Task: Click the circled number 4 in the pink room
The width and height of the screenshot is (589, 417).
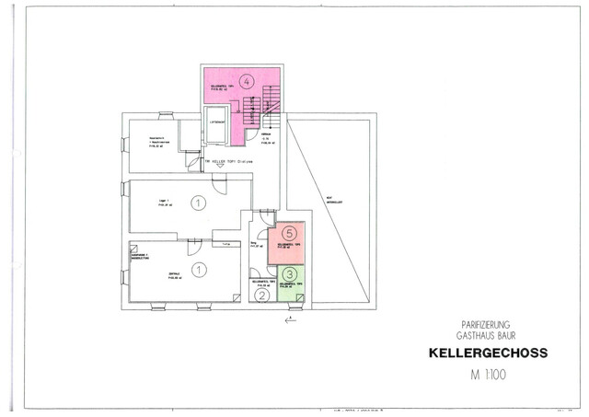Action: click(246, 82)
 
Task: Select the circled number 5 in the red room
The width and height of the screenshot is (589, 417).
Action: click(289, 234)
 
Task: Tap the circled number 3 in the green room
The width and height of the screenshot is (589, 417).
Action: click(289, 273)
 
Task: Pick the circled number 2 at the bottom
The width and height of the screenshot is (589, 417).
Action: click(262, 295)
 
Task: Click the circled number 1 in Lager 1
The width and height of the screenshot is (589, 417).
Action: click(196, 202)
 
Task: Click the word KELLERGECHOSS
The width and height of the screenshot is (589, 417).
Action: click(488, 353)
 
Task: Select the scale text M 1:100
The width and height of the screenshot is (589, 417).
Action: click(488, 375)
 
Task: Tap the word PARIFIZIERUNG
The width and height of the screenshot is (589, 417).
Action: click(487, 325)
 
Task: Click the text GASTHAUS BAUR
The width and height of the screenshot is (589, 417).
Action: click(487, 336)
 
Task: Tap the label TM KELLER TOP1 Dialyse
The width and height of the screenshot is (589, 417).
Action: click(228, 160)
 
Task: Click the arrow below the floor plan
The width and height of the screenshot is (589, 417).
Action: click(291, 319)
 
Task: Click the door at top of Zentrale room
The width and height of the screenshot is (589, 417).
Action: click(194, 246)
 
